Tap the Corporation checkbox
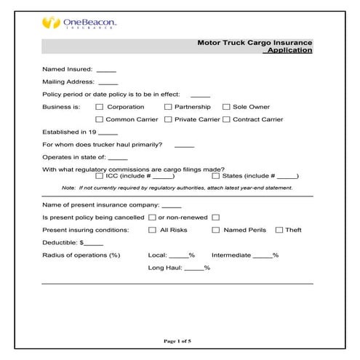[x=100, y=107]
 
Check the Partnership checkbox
[x=167, y=107]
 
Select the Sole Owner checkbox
[x=226, y=107]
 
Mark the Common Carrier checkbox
[x=100, y=119]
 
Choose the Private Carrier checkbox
[x=167, y=119]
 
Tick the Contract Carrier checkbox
[x=226, y=119]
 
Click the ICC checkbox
[x=100, y=176]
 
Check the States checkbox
[x=216, y=176]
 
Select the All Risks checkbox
[x=153, y=230]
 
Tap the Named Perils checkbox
[x=216, y=230]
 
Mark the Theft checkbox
[x=279, y=230]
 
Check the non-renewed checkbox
[x=215, y=217]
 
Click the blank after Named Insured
[x=106, y=71]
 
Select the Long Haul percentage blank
[x=194, y=268]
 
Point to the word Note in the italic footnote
[x=69, y=187]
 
